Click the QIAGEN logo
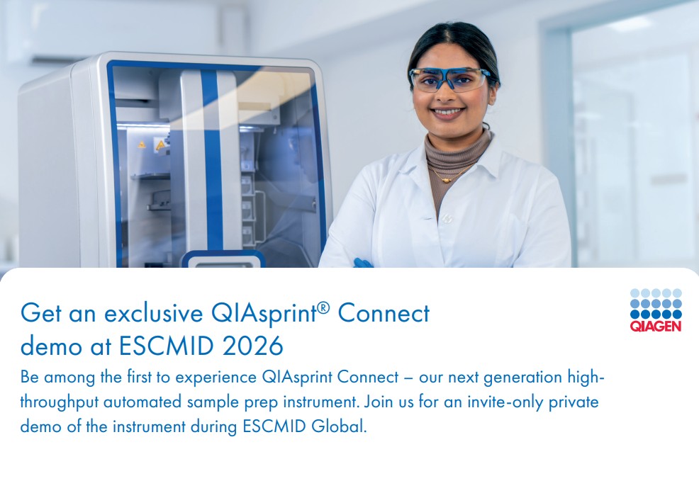pyautogui.click(x=656, y=310)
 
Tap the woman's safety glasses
pyautogui.click(x=449, y=79)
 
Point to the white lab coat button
pyautogui.click(x=447, y=218)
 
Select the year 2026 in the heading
pyautogui.click(x=253, y=346)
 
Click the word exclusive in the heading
pyautogui.click(x=153, y=312)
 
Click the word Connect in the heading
pyautogui.click(x=384, y=312)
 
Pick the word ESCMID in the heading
pyautogui.click(x=167, y=346)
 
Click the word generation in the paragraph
pyautogui.click(x=522, y=378)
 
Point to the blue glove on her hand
pyautogui.click(x=362, y=263)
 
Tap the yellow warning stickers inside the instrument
pyautogui.click(x=151, y=144)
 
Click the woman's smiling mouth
pyautogui.click(x=448, y=112)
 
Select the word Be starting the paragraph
pyautogui.click(x=30, y=378)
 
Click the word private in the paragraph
pyautogui.click(x=574, y=402)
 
